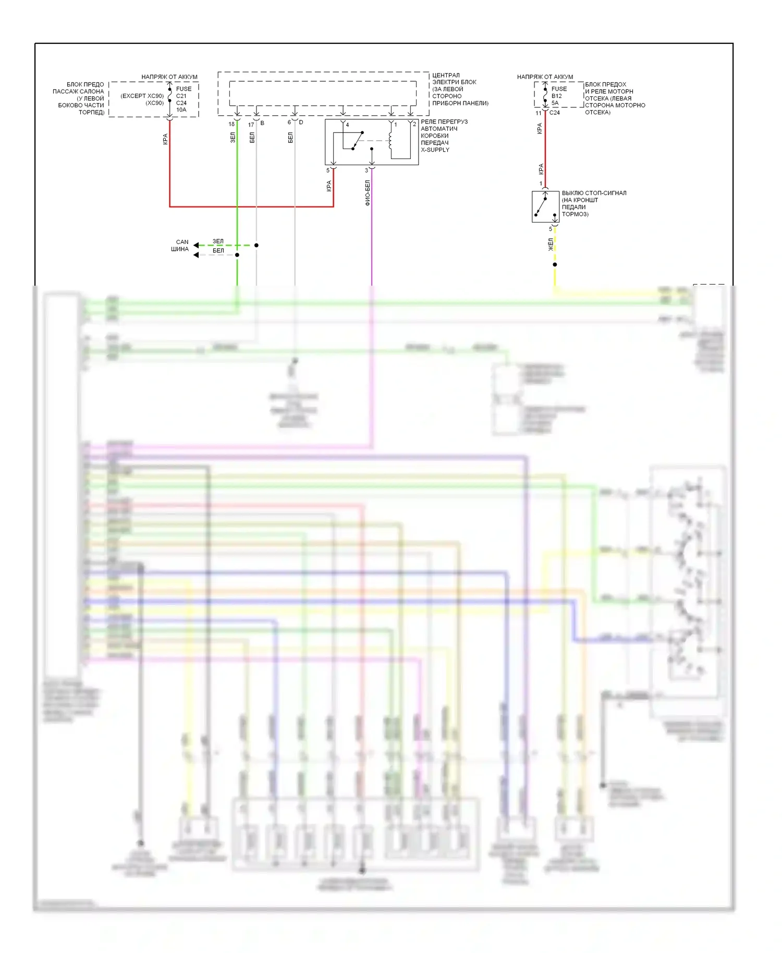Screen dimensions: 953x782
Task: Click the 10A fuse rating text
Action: pyautogui.click(x=181, y=110)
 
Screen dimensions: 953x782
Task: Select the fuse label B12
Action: pyautogui.click(x=556, y=96)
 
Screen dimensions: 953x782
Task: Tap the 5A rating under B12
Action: pyautogui.click(x=555, y=103)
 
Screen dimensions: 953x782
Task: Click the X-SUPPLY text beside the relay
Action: pyautogui.click(x=435, y=150)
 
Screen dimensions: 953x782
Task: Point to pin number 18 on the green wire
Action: pyautogui.click(x=231, y=124)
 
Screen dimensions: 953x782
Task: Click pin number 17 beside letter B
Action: pyautogui.click(x=251, y=125)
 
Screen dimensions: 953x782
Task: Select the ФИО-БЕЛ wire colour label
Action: pyautogui.click(x=368, y=193)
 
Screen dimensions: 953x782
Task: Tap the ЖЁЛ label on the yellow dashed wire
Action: pyautogui.click(x=551, y=245)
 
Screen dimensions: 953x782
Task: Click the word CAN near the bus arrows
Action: pyautogui.click(x=182, y=242)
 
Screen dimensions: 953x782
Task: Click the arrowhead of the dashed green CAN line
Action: pyautogui.click(x=196, y=246)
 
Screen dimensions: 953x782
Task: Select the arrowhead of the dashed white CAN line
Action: pyautogui.click(x=196, y=255)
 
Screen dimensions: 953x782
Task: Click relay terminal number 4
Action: pyautogui.click(x=347, y=125)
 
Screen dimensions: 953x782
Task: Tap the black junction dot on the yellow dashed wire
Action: pyautogui.click(x=555, y=264)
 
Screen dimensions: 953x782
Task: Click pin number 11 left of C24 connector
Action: pyautogui.click(x=538, y=113)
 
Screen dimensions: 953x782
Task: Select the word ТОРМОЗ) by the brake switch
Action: pyautogui.click(x=575, y=214)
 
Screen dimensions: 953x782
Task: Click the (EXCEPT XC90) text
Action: pyautogui.click(x=142, y=96)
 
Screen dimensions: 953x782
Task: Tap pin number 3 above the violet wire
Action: pyautogui.click(x=366, y=170)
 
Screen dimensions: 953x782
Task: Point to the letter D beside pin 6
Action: pyautogui.click(x=301, y=123)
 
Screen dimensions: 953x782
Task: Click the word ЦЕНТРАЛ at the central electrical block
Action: pyautogui.click(x=446, y=75)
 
